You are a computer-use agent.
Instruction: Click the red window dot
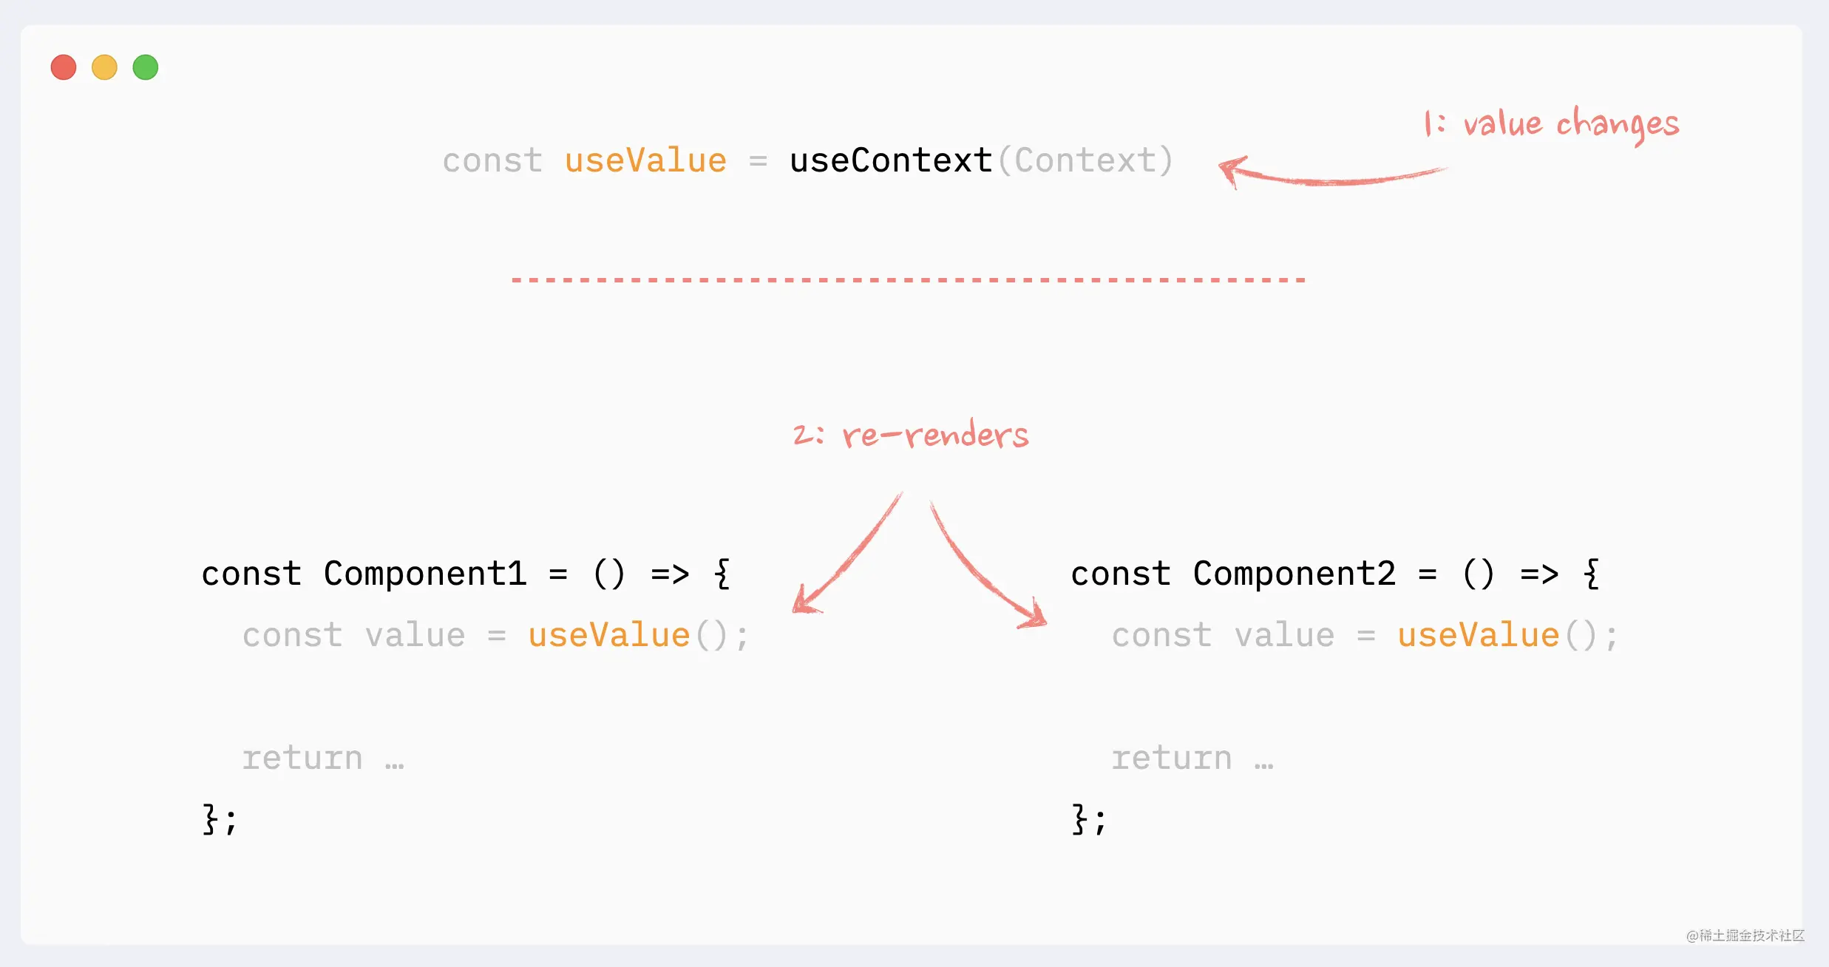point(64,67)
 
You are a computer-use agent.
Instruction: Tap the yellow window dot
point(104,67)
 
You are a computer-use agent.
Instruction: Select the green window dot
point(146,67)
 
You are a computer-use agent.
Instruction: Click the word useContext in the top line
point(891,160)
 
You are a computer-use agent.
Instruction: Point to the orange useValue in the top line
point(646,160)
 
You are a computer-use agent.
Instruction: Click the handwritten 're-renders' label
point(935,435)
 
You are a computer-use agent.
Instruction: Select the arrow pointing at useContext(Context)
point(1331,177)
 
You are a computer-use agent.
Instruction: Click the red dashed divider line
point(909,280)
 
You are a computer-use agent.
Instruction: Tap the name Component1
point(425,574)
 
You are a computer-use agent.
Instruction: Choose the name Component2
point(1294,574)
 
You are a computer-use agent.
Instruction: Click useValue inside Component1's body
point(609,635)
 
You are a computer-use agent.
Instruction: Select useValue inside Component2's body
point(1479,635)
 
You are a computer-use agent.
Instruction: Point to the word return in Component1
point(302,758)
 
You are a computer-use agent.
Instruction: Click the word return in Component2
point(1172,758)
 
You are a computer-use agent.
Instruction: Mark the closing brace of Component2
point(1079,819)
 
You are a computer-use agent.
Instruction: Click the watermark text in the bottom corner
point(1745,935)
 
